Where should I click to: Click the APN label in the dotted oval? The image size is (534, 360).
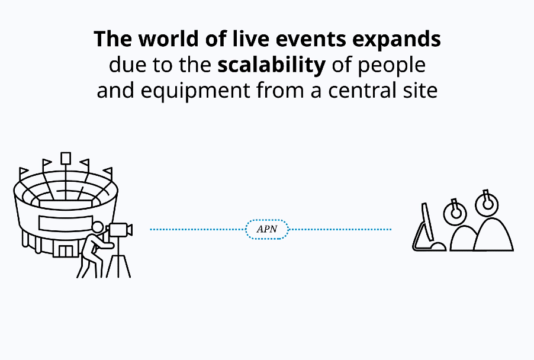pyautogui.click(x=267, y=229)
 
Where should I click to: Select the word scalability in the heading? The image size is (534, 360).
pyautogui.click(x=271, y=65)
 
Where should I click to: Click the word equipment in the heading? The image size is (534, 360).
pyautogui.click(x=195, y=91)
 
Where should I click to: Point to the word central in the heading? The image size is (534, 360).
pyautogui.click(x=362, y=91)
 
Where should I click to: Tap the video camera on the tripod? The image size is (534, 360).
pyautogui.click(x=119, y=230)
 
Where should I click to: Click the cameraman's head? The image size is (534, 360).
pyautogui.click(x=98, y=227)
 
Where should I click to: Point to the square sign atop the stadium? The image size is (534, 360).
pyautogui.click(x=66, y=159)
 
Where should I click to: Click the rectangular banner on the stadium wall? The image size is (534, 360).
pyautogui.click(x=65, y=223)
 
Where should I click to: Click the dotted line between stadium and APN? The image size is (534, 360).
pyautogui.click(x=198, y=230)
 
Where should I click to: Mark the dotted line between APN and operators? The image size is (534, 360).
pyautogui.click(x=340, y=230)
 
